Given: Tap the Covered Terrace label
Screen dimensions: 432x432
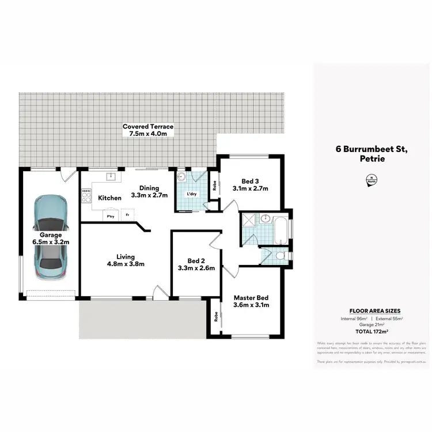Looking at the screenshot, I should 147,127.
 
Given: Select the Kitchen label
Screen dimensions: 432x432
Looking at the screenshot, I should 109,198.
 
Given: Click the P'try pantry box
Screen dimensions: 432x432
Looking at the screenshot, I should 109,215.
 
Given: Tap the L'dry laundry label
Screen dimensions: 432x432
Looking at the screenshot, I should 191,195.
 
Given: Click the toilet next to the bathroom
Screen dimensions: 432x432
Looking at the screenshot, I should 279,256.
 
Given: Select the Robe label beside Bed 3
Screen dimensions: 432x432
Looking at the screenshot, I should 214,185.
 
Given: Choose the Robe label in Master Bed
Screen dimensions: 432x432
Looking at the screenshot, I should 214,316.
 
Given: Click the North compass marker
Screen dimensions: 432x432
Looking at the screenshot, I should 372,181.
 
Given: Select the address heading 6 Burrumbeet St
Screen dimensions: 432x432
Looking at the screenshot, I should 372,149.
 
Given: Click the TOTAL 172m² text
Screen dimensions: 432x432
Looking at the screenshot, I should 372,331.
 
